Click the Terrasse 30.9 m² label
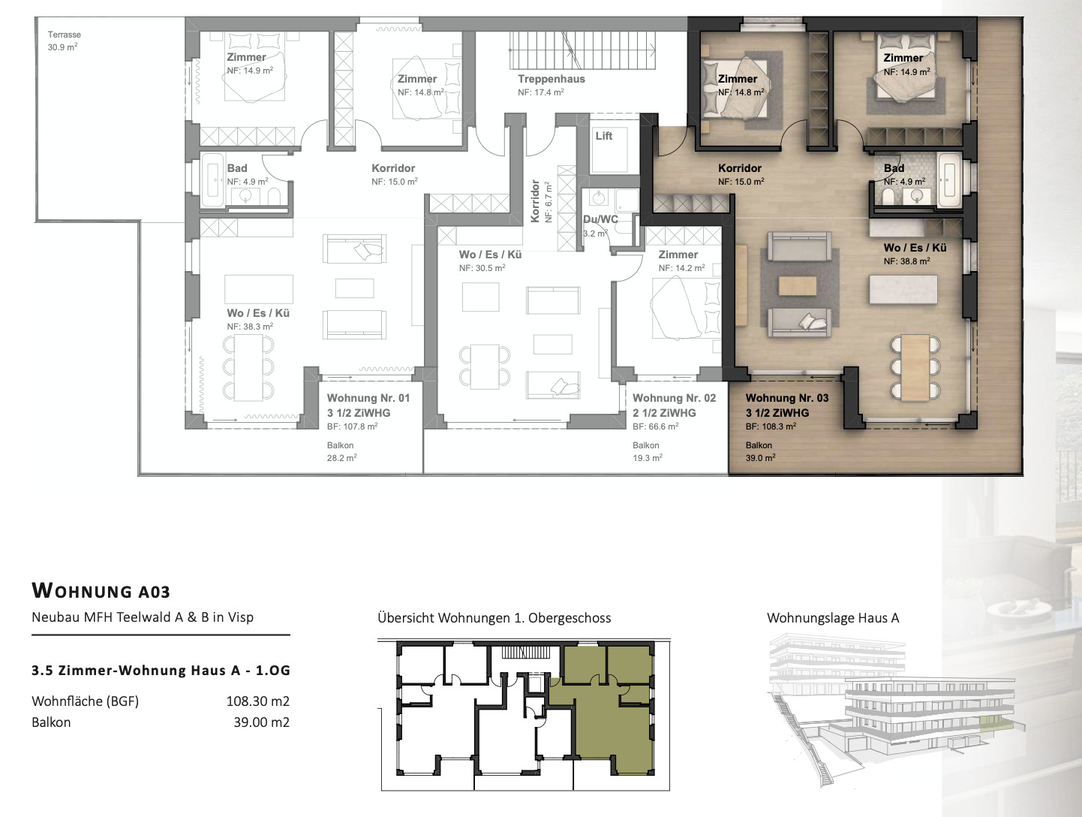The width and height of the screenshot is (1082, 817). click(64, 41)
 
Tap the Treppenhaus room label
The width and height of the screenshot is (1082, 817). click(551, 79)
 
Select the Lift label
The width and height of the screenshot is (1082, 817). click(604, 136)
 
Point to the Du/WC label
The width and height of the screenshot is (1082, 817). click(600, 219)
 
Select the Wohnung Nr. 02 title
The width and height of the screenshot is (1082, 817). click(674, 398)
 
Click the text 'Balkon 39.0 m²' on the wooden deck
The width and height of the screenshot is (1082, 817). click(761, 451)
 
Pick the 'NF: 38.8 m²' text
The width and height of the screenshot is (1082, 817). click(907, 261)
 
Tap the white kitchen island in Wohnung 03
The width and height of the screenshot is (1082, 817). click(903, 290)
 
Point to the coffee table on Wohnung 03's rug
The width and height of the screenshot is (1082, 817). click(797, 285)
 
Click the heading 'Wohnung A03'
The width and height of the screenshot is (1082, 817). click(101, 590)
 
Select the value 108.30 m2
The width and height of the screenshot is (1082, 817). click(258, 701)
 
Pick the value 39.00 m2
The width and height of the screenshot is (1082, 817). click(261, 722)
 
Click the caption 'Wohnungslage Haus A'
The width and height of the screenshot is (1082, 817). click(833, 618)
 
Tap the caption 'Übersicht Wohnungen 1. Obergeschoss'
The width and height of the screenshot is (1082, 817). click(494, 618)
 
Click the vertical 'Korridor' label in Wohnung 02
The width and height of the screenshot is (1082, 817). click(535, 200)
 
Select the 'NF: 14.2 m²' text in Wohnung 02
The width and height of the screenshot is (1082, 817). click(682, 268)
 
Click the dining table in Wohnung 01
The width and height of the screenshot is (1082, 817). click(248, 367)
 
